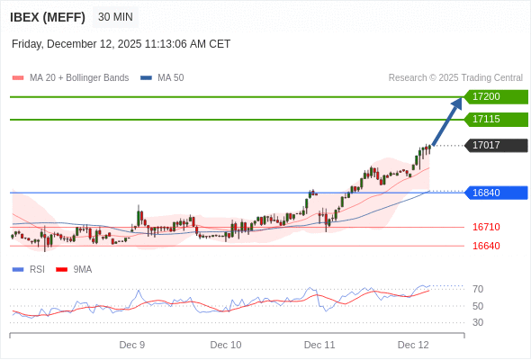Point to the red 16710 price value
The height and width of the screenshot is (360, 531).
(486, 227)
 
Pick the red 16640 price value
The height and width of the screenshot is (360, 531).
(486, 246)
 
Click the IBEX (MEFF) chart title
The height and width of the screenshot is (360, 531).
(48, 17)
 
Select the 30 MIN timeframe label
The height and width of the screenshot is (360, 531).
(116, 17)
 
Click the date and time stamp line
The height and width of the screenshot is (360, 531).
(121, 43)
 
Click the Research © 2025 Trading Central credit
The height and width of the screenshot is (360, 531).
(455, 77)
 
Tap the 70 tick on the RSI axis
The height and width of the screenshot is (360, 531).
(478, 289)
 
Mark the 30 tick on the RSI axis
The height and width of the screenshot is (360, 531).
(478, 322)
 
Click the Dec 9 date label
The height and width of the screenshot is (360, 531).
(132, 345)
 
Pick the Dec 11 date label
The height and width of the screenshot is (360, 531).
(319, 345)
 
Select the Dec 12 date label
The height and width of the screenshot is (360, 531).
(413, 345)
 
